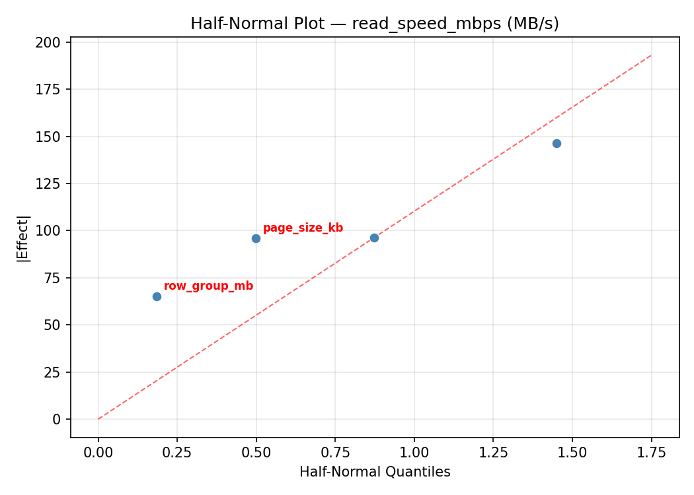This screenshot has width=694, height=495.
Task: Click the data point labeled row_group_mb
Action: click(157, 296)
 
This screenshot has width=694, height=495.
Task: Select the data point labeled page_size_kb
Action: click(256, 238)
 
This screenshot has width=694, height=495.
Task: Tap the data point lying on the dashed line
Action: click(374, 238)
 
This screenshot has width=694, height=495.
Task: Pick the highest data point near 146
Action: click(557, 143)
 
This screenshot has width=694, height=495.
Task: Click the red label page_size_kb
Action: click(303, 228)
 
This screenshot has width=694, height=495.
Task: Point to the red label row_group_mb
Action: click(208, 286)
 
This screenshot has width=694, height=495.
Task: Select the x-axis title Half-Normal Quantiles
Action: click(375, 472)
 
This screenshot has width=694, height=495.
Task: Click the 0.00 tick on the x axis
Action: click(98, 453)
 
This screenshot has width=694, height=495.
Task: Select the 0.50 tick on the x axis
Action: click(256, 453)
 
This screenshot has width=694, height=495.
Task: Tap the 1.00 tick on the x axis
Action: click(414, 453)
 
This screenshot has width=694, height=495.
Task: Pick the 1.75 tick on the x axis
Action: click(651, 453)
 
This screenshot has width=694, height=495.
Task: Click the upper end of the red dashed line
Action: click(651, 55)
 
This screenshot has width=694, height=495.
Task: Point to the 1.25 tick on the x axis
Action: click(493, 453)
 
